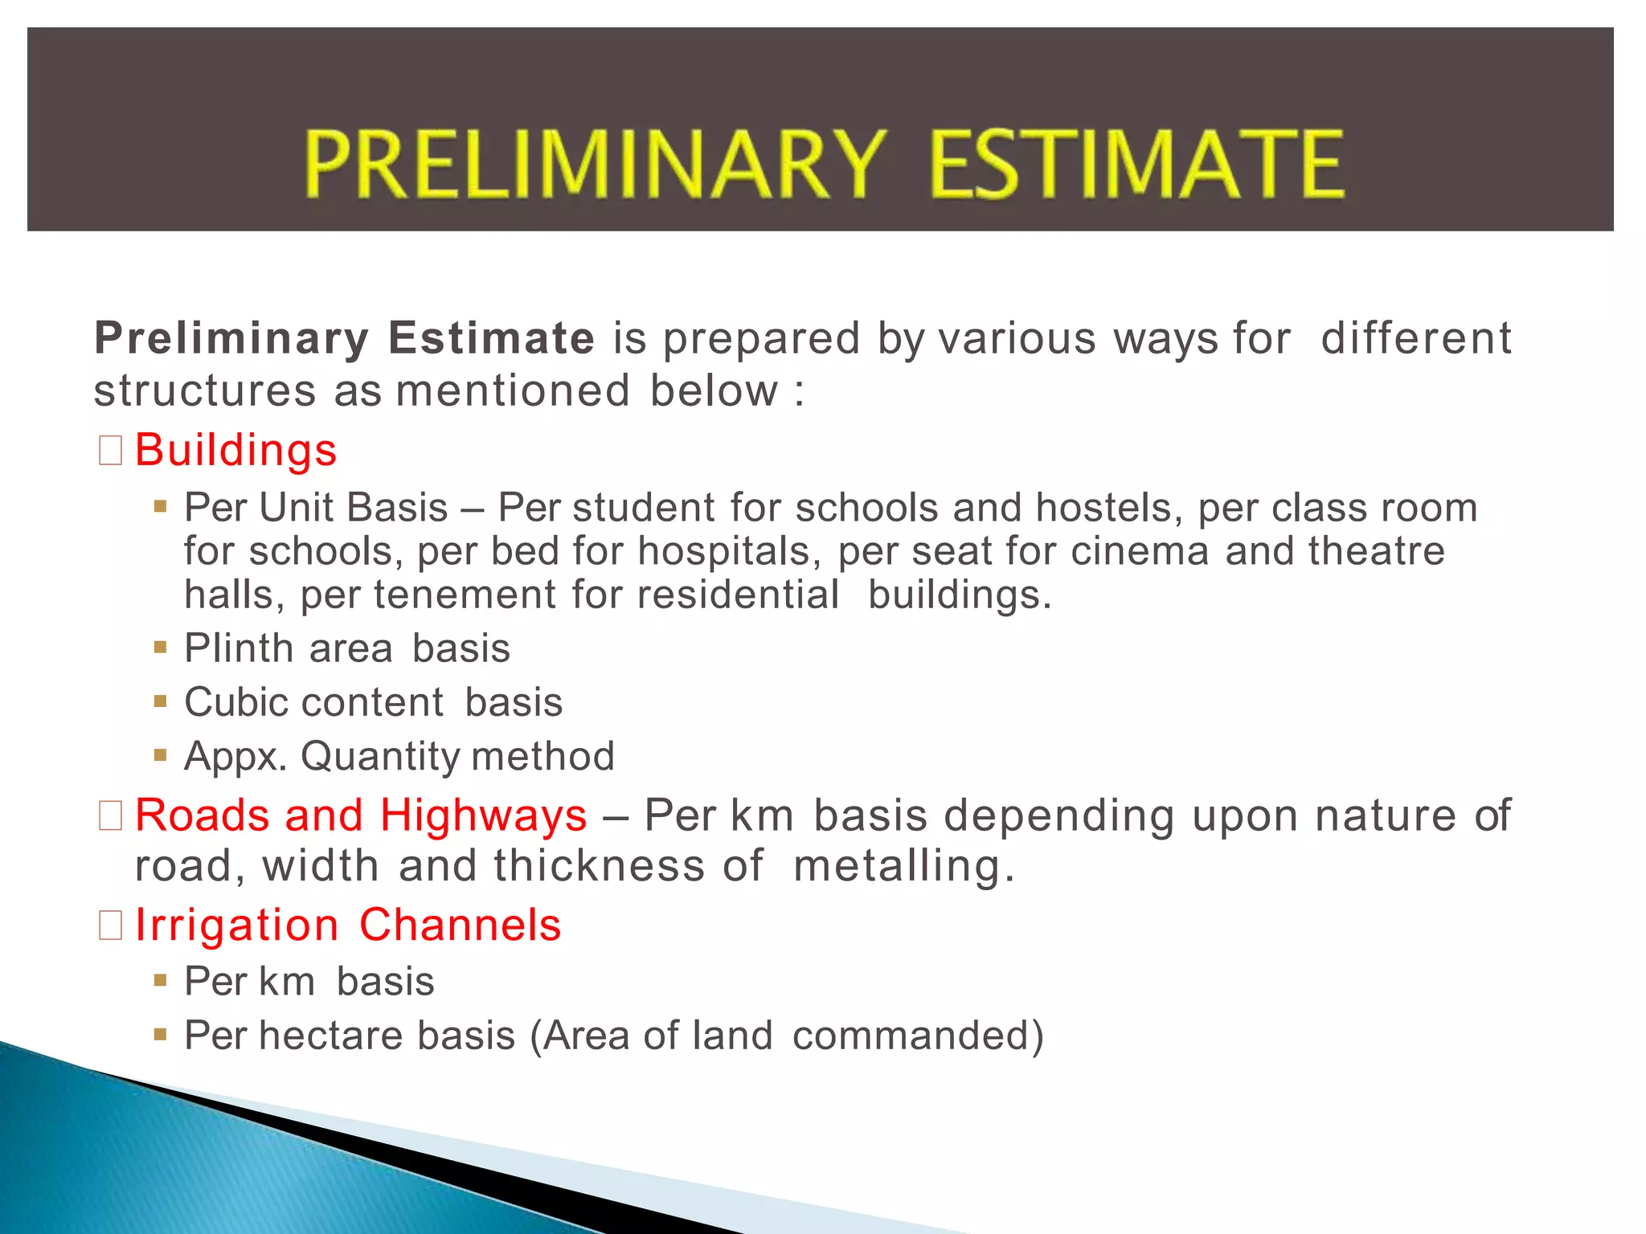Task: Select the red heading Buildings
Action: click(235, 450)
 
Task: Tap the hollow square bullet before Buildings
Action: click(110, 451)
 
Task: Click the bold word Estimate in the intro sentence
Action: click(491, 337)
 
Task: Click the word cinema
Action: click(1140, 552)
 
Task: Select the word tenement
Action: click(465, 595)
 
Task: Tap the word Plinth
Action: click(239, 648)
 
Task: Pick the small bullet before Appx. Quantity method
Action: click(161, 755)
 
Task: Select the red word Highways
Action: click(483, 815)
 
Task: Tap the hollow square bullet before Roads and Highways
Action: click(110, 816)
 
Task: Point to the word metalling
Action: click(903, 867)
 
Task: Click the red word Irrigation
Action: click(236, 925)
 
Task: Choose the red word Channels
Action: click(460, 925)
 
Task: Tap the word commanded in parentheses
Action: click(911, 1036)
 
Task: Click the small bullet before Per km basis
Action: click(161, 980)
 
